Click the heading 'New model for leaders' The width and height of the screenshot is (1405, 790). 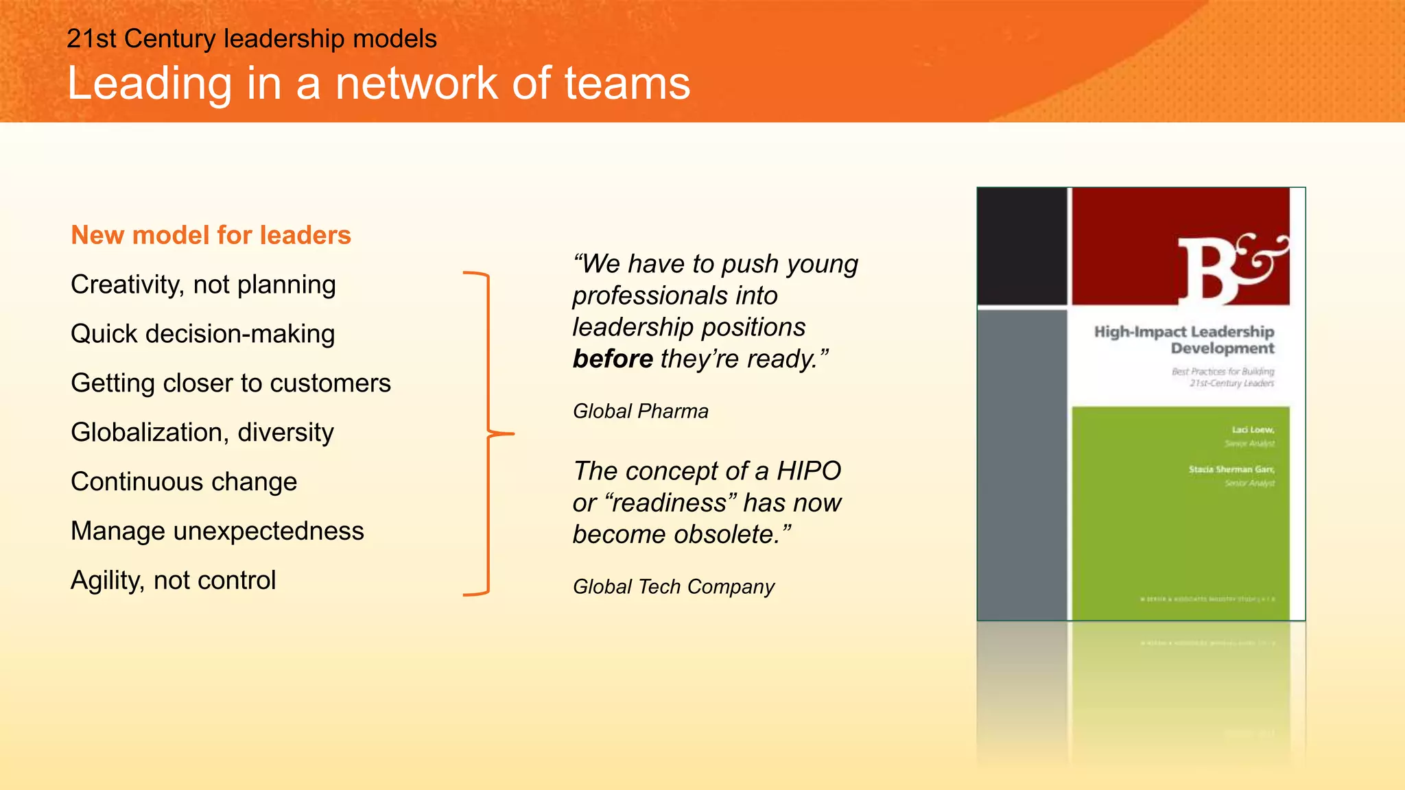211,235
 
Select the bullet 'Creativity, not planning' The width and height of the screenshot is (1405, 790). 203,285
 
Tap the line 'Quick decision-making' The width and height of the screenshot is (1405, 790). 202,334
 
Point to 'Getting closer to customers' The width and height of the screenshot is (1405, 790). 231,383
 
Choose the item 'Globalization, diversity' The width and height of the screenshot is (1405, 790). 202,433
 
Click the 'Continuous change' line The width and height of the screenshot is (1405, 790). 184,482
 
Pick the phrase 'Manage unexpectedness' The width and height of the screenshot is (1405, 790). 217,531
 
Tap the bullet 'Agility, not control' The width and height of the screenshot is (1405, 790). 173,581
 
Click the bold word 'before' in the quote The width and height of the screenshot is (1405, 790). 613,359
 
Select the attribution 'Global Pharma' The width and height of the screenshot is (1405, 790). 640,411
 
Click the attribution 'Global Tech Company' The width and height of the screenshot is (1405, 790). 673,587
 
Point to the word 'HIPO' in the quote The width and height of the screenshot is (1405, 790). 808,471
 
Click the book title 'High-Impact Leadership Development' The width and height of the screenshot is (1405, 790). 1184,340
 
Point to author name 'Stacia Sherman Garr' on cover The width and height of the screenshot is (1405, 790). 1231,470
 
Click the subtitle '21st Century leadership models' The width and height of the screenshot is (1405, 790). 251,39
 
